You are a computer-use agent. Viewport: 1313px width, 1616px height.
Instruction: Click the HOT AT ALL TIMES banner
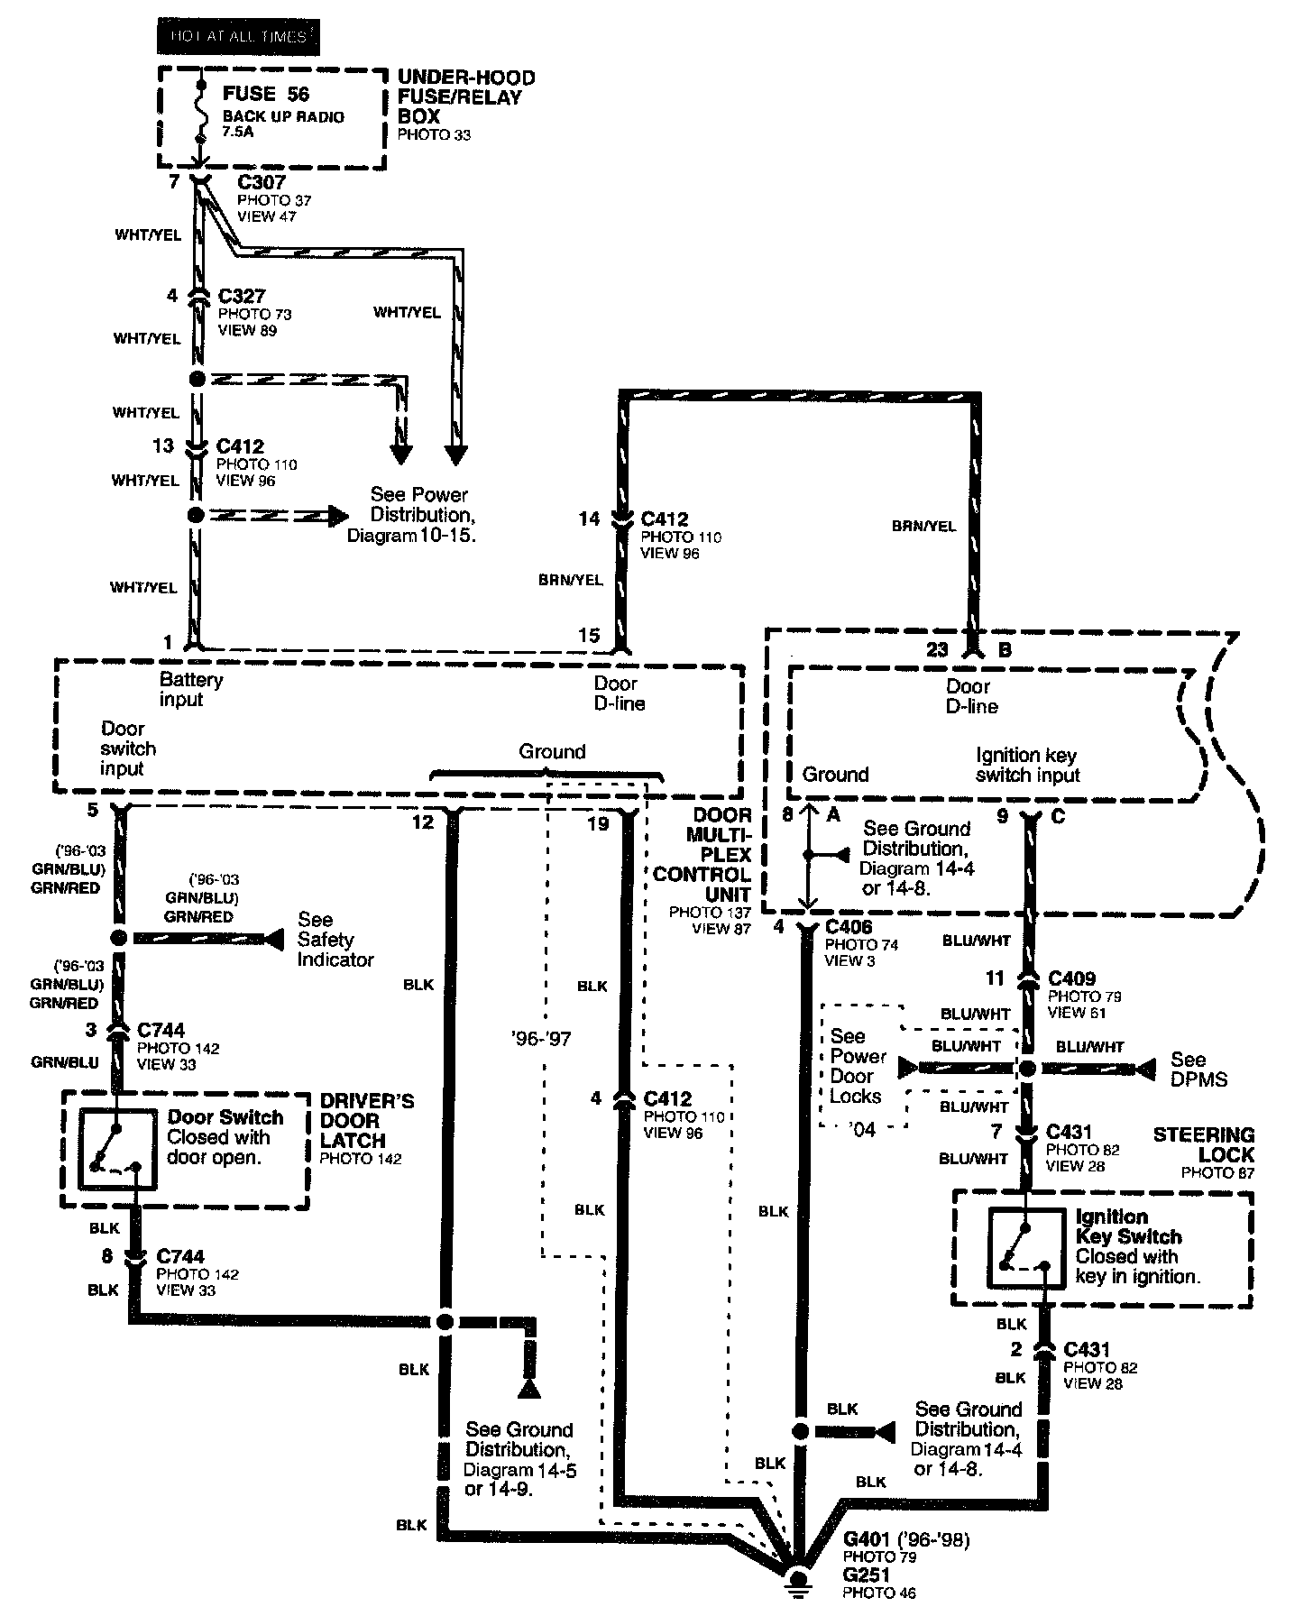pyautogui.click(x=238, y=37)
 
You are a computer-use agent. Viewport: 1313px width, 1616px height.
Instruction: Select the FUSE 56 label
pyautogui.click(x=266, y=94)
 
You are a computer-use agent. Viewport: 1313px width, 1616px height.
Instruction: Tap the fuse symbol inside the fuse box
pyautogui.click(x=198, y=114)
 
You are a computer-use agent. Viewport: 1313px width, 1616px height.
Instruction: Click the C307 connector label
pyautogui.click(x=262, y=183)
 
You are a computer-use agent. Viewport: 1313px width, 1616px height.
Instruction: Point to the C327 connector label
pyautogui.click(x=241, y=297)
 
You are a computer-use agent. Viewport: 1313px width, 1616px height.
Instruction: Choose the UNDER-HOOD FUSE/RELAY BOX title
pyautogui.click(x=465, y=96)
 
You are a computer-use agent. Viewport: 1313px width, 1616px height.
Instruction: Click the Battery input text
pyautogui.click(x=190, y=689)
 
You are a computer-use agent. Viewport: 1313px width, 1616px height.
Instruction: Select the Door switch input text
pyautogui.click(x=128, y=748)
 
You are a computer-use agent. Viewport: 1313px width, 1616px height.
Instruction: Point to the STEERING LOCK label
pyautogui.click(x=1203, y=1144)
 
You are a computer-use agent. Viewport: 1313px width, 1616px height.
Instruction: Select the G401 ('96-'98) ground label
pyautogui.click(x=906, y=1539)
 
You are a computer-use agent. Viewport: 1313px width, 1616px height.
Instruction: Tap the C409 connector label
pyautogui.click(x=1071, y=978)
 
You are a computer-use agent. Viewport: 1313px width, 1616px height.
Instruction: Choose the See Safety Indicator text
pyautogui.click(x=335, y=939)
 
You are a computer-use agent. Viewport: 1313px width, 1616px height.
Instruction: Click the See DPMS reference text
pyautogui.click(x=1198, y=1069)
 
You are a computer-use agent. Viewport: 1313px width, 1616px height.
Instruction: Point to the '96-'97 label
pyautogui.click(x=539, y=1039)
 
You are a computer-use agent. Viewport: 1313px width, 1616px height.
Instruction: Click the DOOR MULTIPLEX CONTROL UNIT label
pyautogui.click(x=713, y=855)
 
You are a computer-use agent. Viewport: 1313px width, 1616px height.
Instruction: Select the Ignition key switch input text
pyautogui.click(x=1027, y=765)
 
